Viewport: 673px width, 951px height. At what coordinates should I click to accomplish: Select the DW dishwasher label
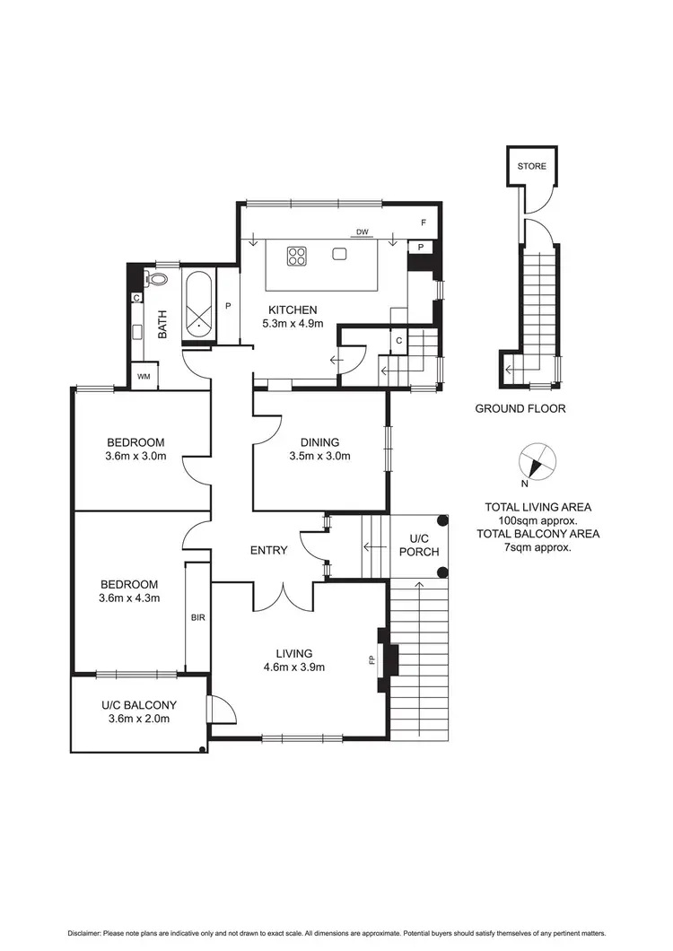(363, 232)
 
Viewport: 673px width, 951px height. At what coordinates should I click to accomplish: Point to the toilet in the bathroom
(159, 278)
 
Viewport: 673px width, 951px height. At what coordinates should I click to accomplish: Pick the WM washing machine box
(143, 377)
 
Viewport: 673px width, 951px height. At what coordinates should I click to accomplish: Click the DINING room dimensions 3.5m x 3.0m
(319, 456)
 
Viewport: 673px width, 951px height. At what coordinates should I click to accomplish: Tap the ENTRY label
(268, 550)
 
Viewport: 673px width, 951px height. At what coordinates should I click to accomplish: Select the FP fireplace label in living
(371, 660)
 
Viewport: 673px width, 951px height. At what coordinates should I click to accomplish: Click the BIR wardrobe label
(197, 618)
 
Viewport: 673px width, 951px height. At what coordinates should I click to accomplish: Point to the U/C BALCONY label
(138, 705)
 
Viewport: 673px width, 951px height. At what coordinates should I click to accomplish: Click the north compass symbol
(538, 462)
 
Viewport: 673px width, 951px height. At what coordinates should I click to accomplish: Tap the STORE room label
(530, 166)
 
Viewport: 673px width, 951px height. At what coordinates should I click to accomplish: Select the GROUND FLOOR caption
(520, 408)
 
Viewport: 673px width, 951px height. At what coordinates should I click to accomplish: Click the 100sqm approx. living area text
(538, 520)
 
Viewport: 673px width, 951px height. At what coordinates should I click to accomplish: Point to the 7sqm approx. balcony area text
(538, 546)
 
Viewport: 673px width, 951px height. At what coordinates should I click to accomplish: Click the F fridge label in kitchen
(423, 222)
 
